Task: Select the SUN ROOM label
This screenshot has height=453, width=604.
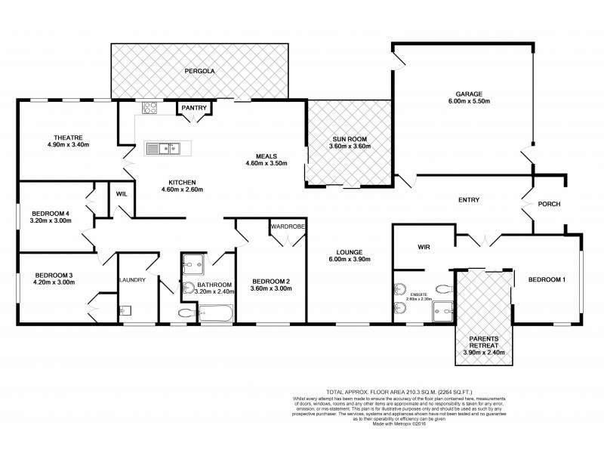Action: (350, 140)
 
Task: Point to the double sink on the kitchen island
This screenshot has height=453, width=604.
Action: (163, 148)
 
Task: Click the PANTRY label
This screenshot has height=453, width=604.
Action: (194, 108)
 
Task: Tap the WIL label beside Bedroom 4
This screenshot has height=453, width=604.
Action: (121, 193)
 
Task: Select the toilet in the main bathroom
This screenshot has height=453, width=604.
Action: (186, 313)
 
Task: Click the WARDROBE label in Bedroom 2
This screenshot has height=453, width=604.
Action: (287, 225)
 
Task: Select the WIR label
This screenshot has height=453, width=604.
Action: (423, 246)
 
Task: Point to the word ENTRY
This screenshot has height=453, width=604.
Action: (470, 199)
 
